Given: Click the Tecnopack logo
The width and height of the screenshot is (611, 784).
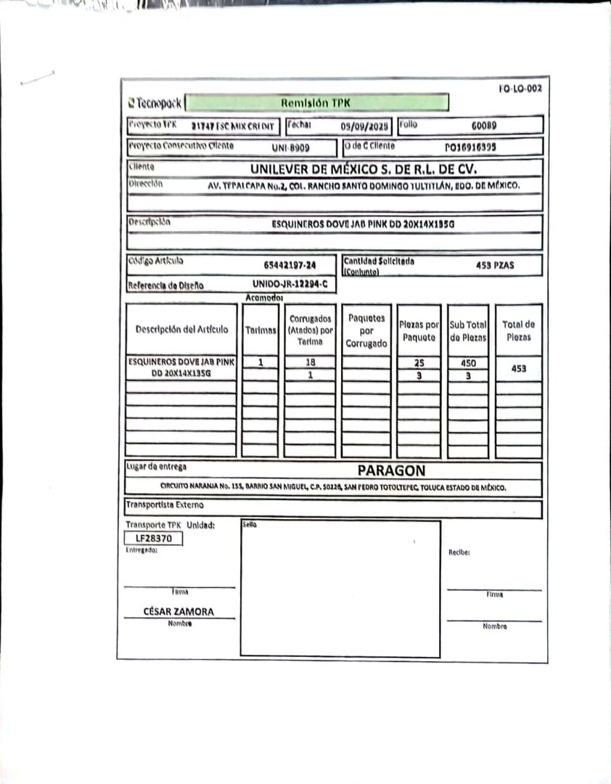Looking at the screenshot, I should [x=154, y=102].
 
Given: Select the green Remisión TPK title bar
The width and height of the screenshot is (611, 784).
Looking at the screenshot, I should [x=316, y=102].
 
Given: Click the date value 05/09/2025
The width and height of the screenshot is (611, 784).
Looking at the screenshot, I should [x=364, y=126].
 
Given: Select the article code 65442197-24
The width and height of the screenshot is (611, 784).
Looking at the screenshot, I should [x=290, y=266].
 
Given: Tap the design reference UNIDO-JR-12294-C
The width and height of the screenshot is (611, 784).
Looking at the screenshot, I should [x=290, y=284].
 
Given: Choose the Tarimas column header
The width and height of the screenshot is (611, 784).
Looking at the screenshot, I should [x=261, y=330].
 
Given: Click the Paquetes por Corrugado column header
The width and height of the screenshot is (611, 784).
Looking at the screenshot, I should [x=366, y=330].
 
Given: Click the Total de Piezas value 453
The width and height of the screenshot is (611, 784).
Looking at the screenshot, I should [x=519, y=368].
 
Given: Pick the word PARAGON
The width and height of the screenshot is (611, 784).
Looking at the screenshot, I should [x=391, y=470].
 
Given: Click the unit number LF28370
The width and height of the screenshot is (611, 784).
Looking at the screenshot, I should [x=153, y=539].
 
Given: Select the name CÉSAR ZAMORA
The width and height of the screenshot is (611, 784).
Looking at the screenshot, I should [x=179, y=611].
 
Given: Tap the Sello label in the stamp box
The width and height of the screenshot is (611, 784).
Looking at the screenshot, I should [x=249, y=524].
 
